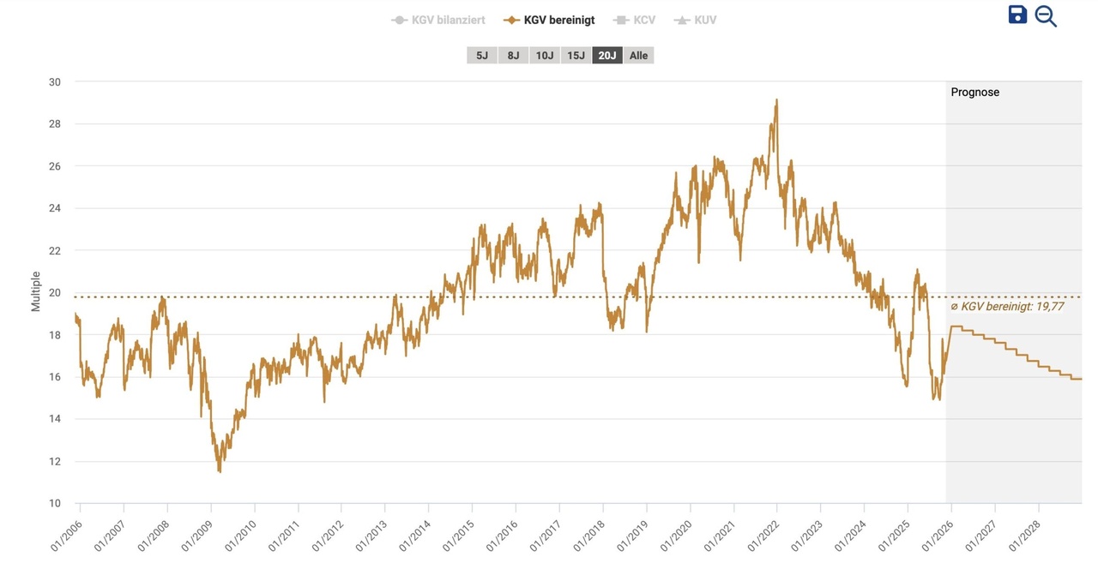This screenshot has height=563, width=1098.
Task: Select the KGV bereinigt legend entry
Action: tap(549, 20)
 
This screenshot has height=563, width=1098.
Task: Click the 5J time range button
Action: tap(481, 56)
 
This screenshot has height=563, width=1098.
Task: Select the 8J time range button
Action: tap(513, 56)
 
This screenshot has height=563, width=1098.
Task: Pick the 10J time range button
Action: tap(544, 56)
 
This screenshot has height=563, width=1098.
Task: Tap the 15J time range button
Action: tap(576, 56)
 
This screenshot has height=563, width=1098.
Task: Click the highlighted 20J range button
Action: tap(607, 56)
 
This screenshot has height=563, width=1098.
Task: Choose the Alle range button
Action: tap(638, 56)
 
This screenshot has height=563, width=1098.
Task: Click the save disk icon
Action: tap(1017, 15)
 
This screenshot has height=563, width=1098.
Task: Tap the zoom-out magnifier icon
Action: tap(1046, 16)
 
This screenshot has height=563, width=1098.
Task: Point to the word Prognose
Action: tap(974, 92)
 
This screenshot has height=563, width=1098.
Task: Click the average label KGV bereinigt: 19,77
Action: tap(1007, 306)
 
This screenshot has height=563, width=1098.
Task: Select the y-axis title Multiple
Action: tap(36, 291)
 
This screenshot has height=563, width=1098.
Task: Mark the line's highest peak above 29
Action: tap(776, 100)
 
